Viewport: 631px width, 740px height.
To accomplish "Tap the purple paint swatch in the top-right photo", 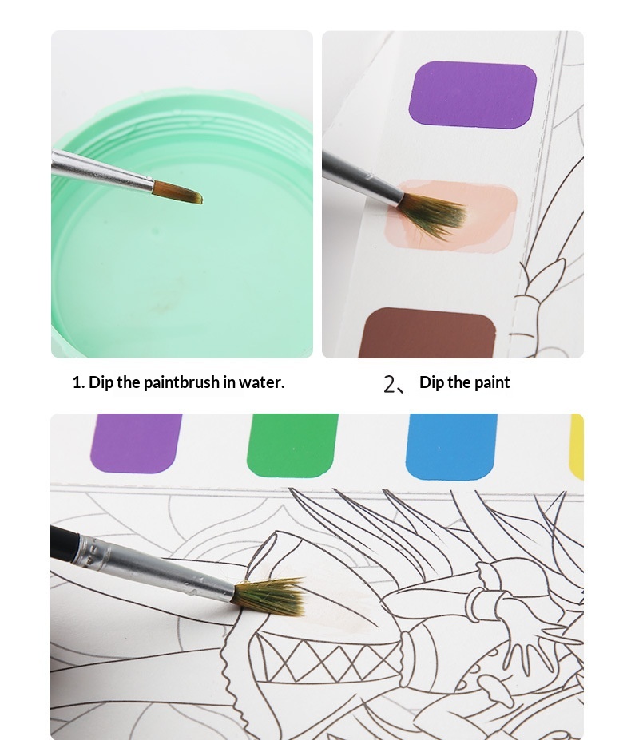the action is point(472,94).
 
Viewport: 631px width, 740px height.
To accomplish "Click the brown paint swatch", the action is point(427,333).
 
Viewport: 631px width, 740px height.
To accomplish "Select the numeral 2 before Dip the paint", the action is point(389,384).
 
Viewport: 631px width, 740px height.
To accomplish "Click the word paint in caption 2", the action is point(492,382).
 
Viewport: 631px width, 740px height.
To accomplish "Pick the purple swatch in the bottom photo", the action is point(136,443).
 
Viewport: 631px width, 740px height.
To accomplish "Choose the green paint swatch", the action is point(293,446).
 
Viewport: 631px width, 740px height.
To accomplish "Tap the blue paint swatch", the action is point(451,446).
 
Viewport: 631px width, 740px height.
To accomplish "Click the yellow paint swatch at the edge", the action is point(577,446).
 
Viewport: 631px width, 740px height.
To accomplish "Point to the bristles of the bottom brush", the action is point(269,596).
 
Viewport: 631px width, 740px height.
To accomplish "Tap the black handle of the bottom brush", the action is point(64,544).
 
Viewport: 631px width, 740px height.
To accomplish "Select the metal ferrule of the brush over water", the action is point(101,171).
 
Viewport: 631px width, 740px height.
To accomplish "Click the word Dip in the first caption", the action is point(101,382).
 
